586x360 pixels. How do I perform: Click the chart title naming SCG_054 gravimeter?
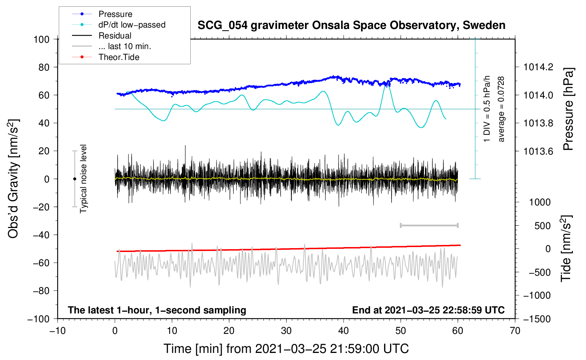(x=351, y=25)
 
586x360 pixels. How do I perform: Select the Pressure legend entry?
(x=115, y=14)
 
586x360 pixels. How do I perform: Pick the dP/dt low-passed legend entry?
(x=132, y=25)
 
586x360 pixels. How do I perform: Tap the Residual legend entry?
(x=115, y=36)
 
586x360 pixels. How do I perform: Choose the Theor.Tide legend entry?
(x=119, y=57)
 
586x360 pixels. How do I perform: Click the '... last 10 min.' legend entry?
(x=125, y=46)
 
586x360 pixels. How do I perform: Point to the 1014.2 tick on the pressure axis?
(x=538, y=67)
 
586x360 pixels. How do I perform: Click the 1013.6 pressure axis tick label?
(x=538, y=151)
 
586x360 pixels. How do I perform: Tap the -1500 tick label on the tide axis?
(x=537, y=319)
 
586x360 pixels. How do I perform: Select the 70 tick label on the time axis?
(x=515, y=331)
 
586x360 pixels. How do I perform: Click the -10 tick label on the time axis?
(x=58, y=331)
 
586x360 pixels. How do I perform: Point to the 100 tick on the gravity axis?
(x=41, y=39)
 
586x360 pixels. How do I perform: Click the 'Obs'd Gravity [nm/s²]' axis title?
(x=13, y=179)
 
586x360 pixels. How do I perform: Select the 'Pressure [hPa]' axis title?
(x=568, y=109)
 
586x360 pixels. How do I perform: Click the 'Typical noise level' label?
(x=83, y=179)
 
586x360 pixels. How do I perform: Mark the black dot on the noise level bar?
(x=74, y=179)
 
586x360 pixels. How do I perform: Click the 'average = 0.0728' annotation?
(x=501, y=109)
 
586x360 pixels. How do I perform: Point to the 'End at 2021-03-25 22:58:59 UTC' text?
(x=428, y=310)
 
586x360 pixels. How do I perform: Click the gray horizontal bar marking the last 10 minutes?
(x=429, y=226)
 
